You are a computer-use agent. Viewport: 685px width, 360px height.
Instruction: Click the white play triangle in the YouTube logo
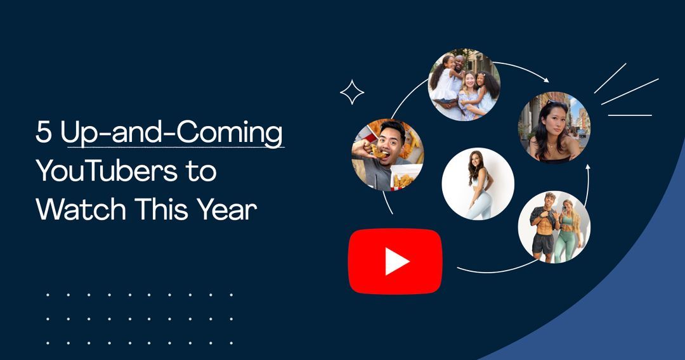397,261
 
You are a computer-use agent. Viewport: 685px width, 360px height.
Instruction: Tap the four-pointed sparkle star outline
352,93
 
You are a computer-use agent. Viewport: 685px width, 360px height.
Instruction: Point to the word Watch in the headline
71,210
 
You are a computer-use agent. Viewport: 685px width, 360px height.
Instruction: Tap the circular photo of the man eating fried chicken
388,155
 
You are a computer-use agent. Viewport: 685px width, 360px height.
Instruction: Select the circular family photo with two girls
464,86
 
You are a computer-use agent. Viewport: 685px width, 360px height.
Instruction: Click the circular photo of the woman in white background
478,184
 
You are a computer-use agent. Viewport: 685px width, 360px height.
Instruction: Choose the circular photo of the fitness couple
554,227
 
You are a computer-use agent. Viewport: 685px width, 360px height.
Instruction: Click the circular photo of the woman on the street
554,127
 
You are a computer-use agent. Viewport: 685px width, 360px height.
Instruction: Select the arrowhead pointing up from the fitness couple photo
588,168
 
